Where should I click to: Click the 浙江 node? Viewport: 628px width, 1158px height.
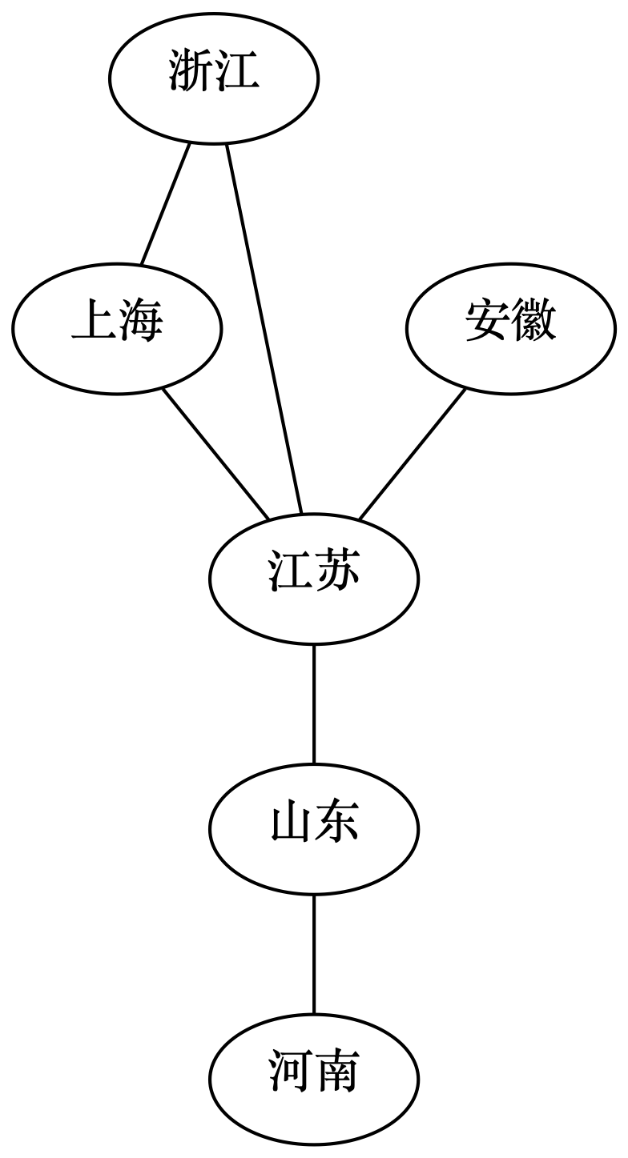214,78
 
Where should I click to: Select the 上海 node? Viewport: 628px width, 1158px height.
117,327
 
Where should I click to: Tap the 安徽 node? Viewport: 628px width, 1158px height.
510,327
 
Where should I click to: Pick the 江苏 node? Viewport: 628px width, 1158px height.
313,577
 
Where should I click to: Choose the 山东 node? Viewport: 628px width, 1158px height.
313,827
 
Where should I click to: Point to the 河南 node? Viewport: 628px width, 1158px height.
313,1077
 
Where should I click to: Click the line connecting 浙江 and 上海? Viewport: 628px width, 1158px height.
166,203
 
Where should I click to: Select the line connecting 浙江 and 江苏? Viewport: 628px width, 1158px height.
264,328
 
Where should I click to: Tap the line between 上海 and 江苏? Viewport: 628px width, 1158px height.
215,453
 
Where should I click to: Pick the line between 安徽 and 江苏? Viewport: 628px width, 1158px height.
412,454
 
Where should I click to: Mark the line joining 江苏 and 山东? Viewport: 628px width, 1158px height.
313,703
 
